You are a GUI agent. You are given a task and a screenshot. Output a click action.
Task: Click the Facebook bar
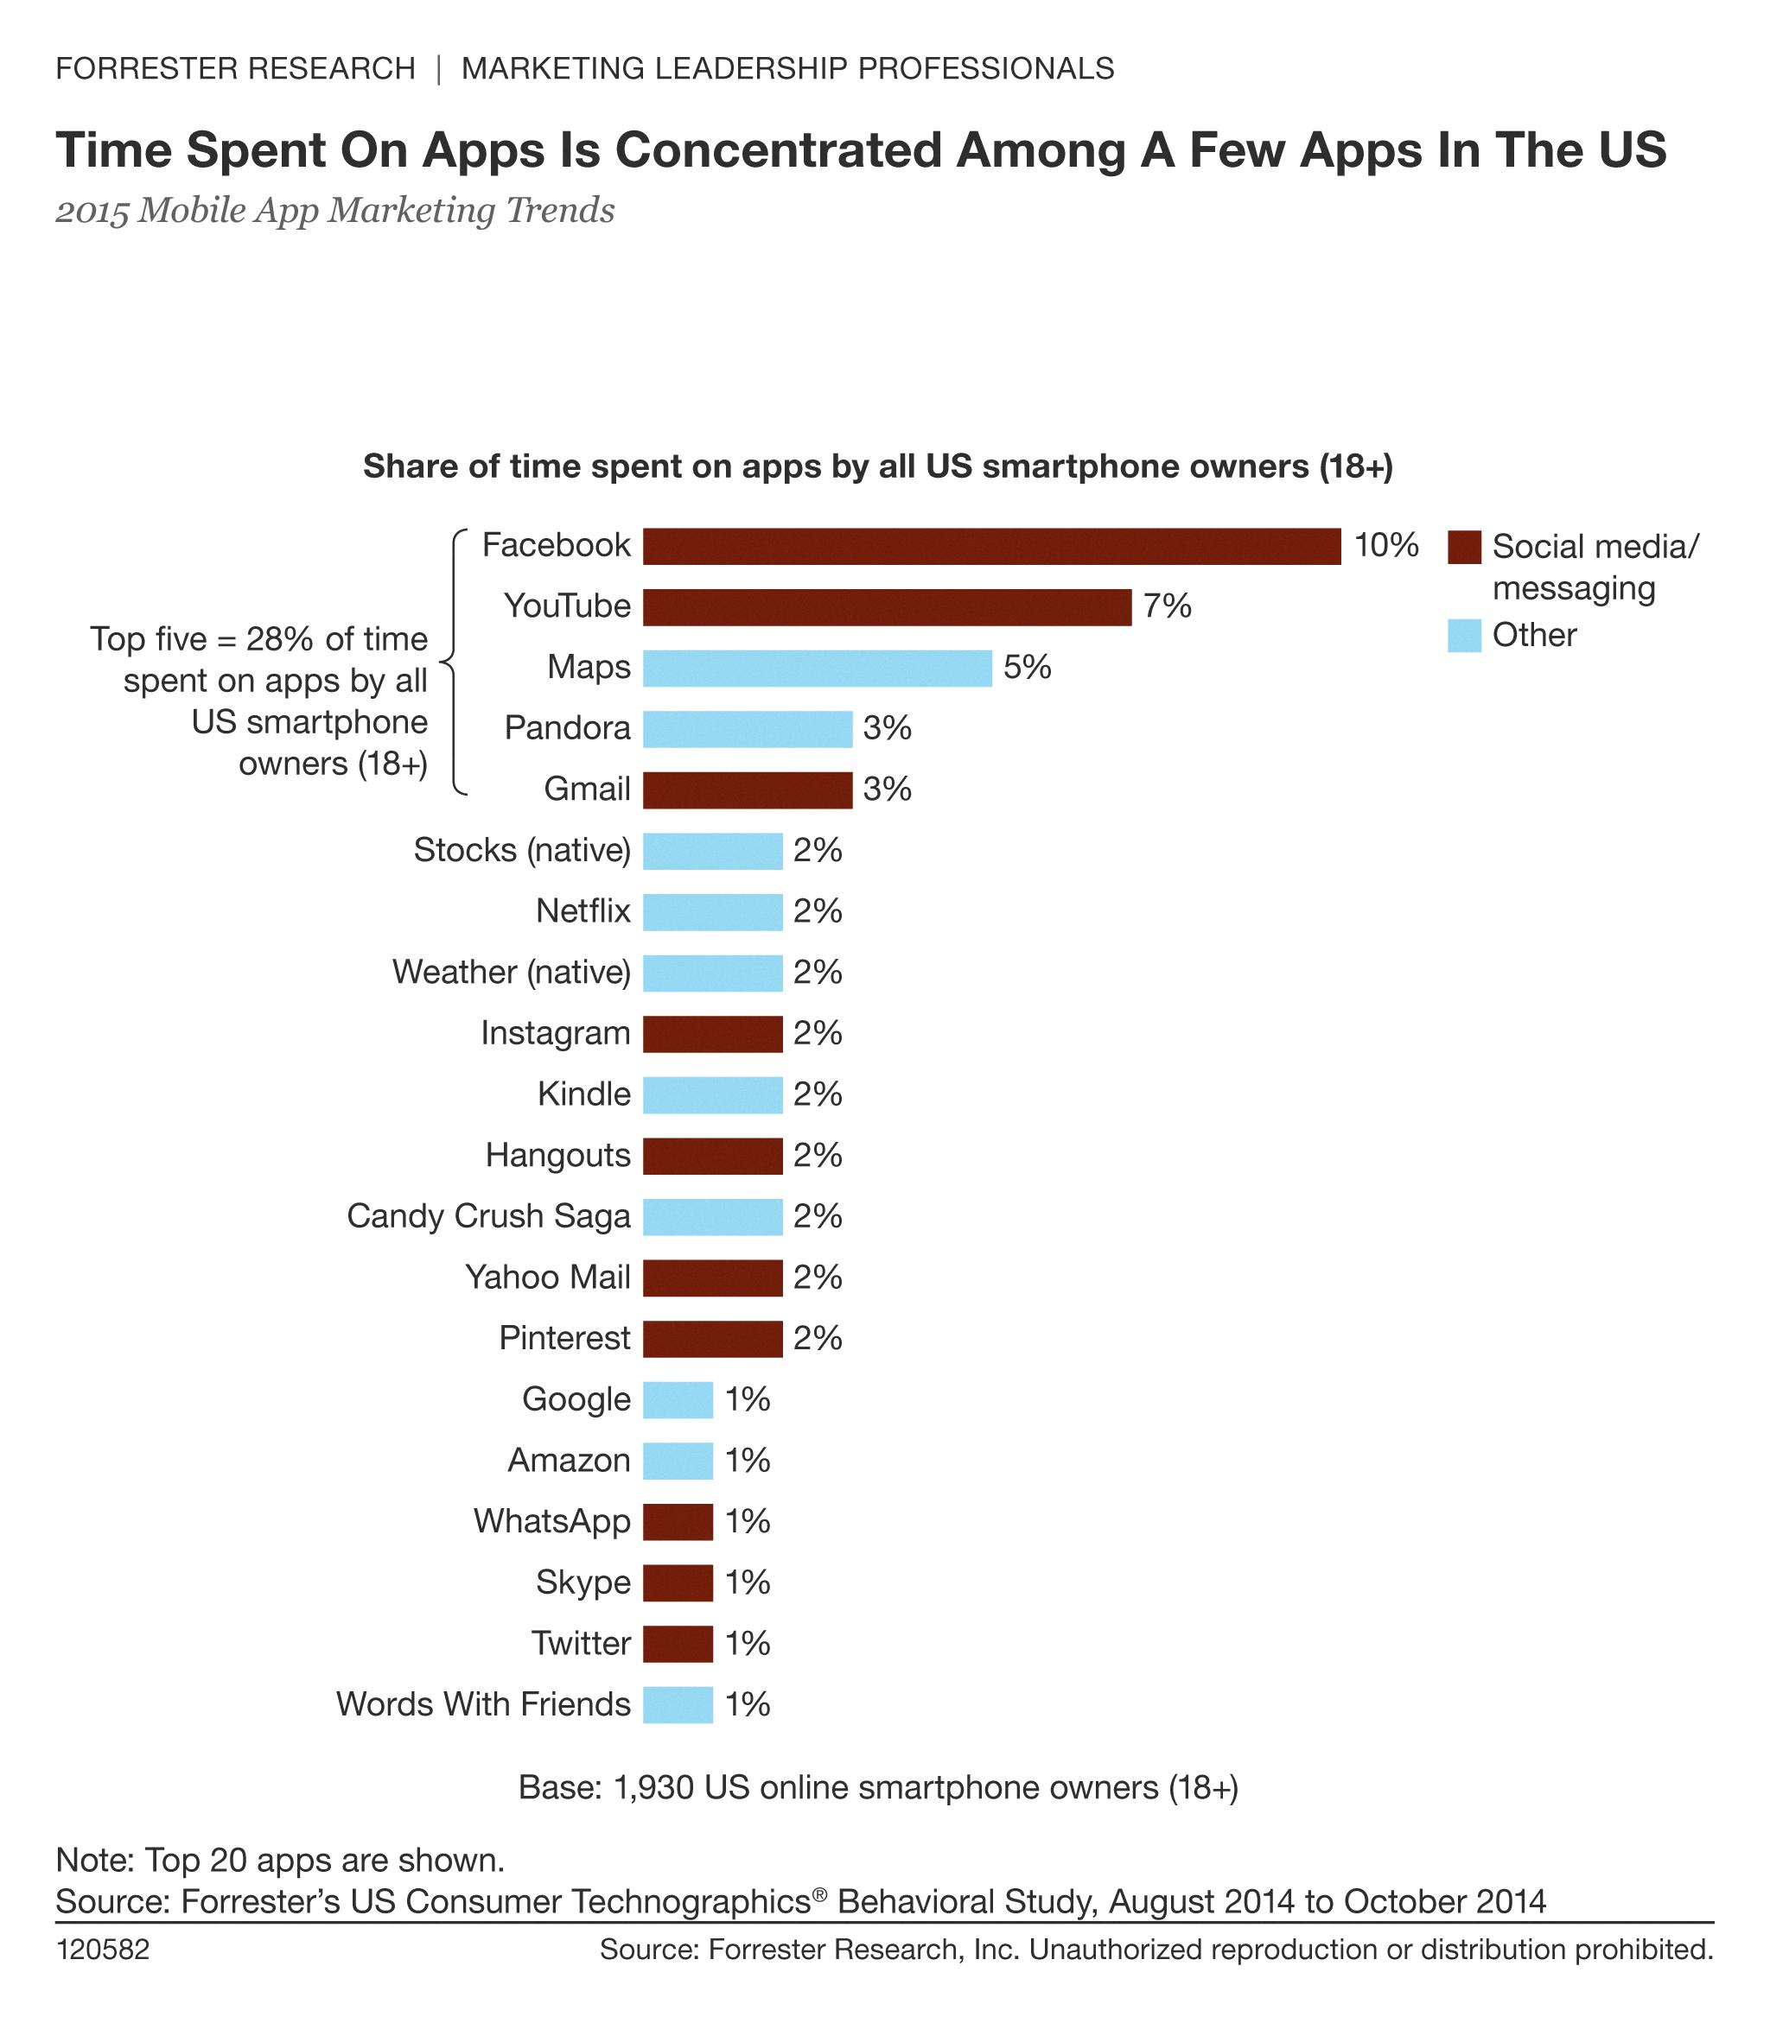click(990, 546)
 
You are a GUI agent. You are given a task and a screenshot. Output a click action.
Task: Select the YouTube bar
click(886, 607)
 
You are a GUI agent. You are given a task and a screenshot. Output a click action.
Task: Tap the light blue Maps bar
click(817, 669)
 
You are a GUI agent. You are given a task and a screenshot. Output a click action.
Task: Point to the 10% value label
click(1385, 545)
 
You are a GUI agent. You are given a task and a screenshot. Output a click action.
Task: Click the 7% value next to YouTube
click(1167, 606)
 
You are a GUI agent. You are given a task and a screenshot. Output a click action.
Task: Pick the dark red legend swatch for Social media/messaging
click(1464, 547)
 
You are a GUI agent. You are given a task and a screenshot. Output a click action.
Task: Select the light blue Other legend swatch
click(1464, 635)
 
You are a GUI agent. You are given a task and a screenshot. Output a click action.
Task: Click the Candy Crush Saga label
click(488, 1216)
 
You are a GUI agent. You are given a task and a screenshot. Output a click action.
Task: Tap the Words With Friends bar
click(678, 1705)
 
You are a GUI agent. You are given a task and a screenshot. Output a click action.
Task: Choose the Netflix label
click(583, 911)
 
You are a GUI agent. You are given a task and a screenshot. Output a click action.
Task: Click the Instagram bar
click(712, 1034)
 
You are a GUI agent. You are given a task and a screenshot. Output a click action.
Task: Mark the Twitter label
click(581, 1644)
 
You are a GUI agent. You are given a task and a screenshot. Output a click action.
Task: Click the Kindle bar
click(712, 1095)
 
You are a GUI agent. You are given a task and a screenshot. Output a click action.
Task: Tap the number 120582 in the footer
click(103, 1950)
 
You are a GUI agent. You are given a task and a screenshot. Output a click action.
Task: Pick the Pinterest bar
click(712, 1339)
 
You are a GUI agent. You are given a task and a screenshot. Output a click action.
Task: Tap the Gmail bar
click(747, 790)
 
